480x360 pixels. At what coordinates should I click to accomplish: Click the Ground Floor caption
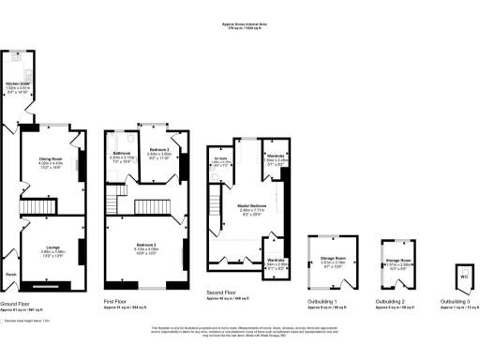click(x=18, y=304)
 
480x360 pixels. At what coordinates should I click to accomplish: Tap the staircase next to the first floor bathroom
click(x=113, y=196)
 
